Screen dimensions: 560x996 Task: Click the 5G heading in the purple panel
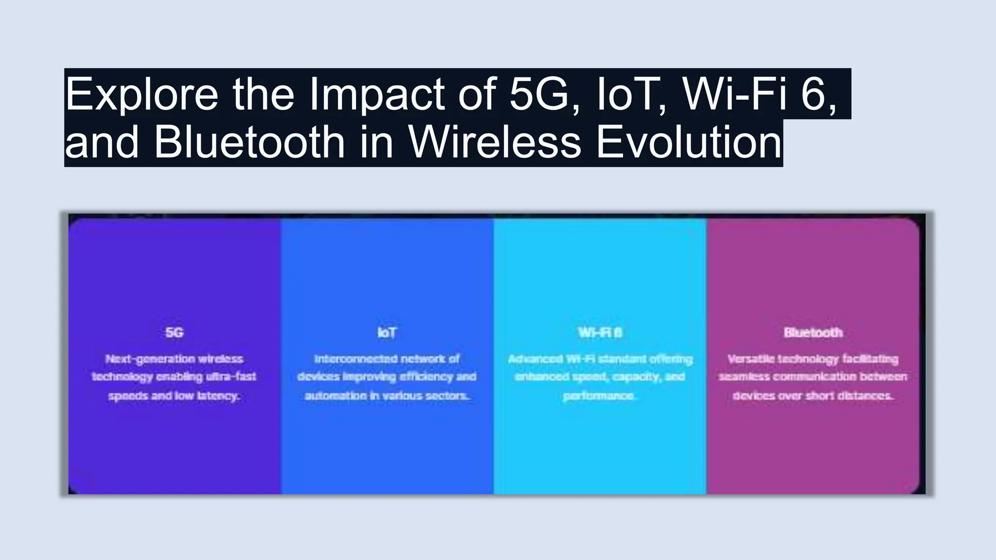click(174, 333)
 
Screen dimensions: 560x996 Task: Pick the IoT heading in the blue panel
click(387, 333)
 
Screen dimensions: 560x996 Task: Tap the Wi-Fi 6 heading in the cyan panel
click(600, 333)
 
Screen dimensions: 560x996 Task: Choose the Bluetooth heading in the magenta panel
click(813, 333)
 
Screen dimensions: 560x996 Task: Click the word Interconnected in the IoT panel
click(349, 359)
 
